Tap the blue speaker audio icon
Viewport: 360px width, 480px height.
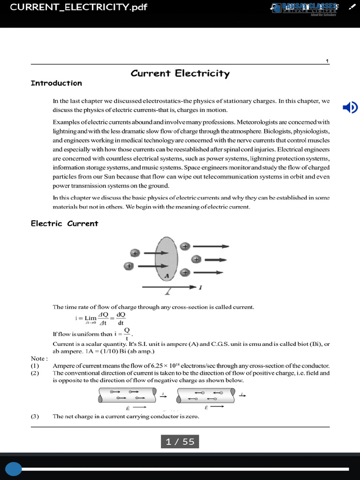point(350,108)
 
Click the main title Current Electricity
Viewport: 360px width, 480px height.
point(180,73)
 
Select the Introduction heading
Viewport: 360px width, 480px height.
point(56,83)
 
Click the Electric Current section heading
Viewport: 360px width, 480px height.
point(64,224)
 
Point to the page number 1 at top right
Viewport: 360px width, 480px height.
point(327,61)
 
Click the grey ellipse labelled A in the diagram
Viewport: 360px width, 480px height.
point(166,260)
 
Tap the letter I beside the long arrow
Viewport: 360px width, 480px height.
point(201,287)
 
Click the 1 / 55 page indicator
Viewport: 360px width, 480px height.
point(180,442)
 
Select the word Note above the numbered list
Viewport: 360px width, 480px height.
point(39,359)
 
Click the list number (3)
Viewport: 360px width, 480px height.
point(36,416)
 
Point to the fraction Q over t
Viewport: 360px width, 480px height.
point(127,334)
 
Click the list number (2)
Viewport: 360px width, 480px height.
point(36,373)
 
